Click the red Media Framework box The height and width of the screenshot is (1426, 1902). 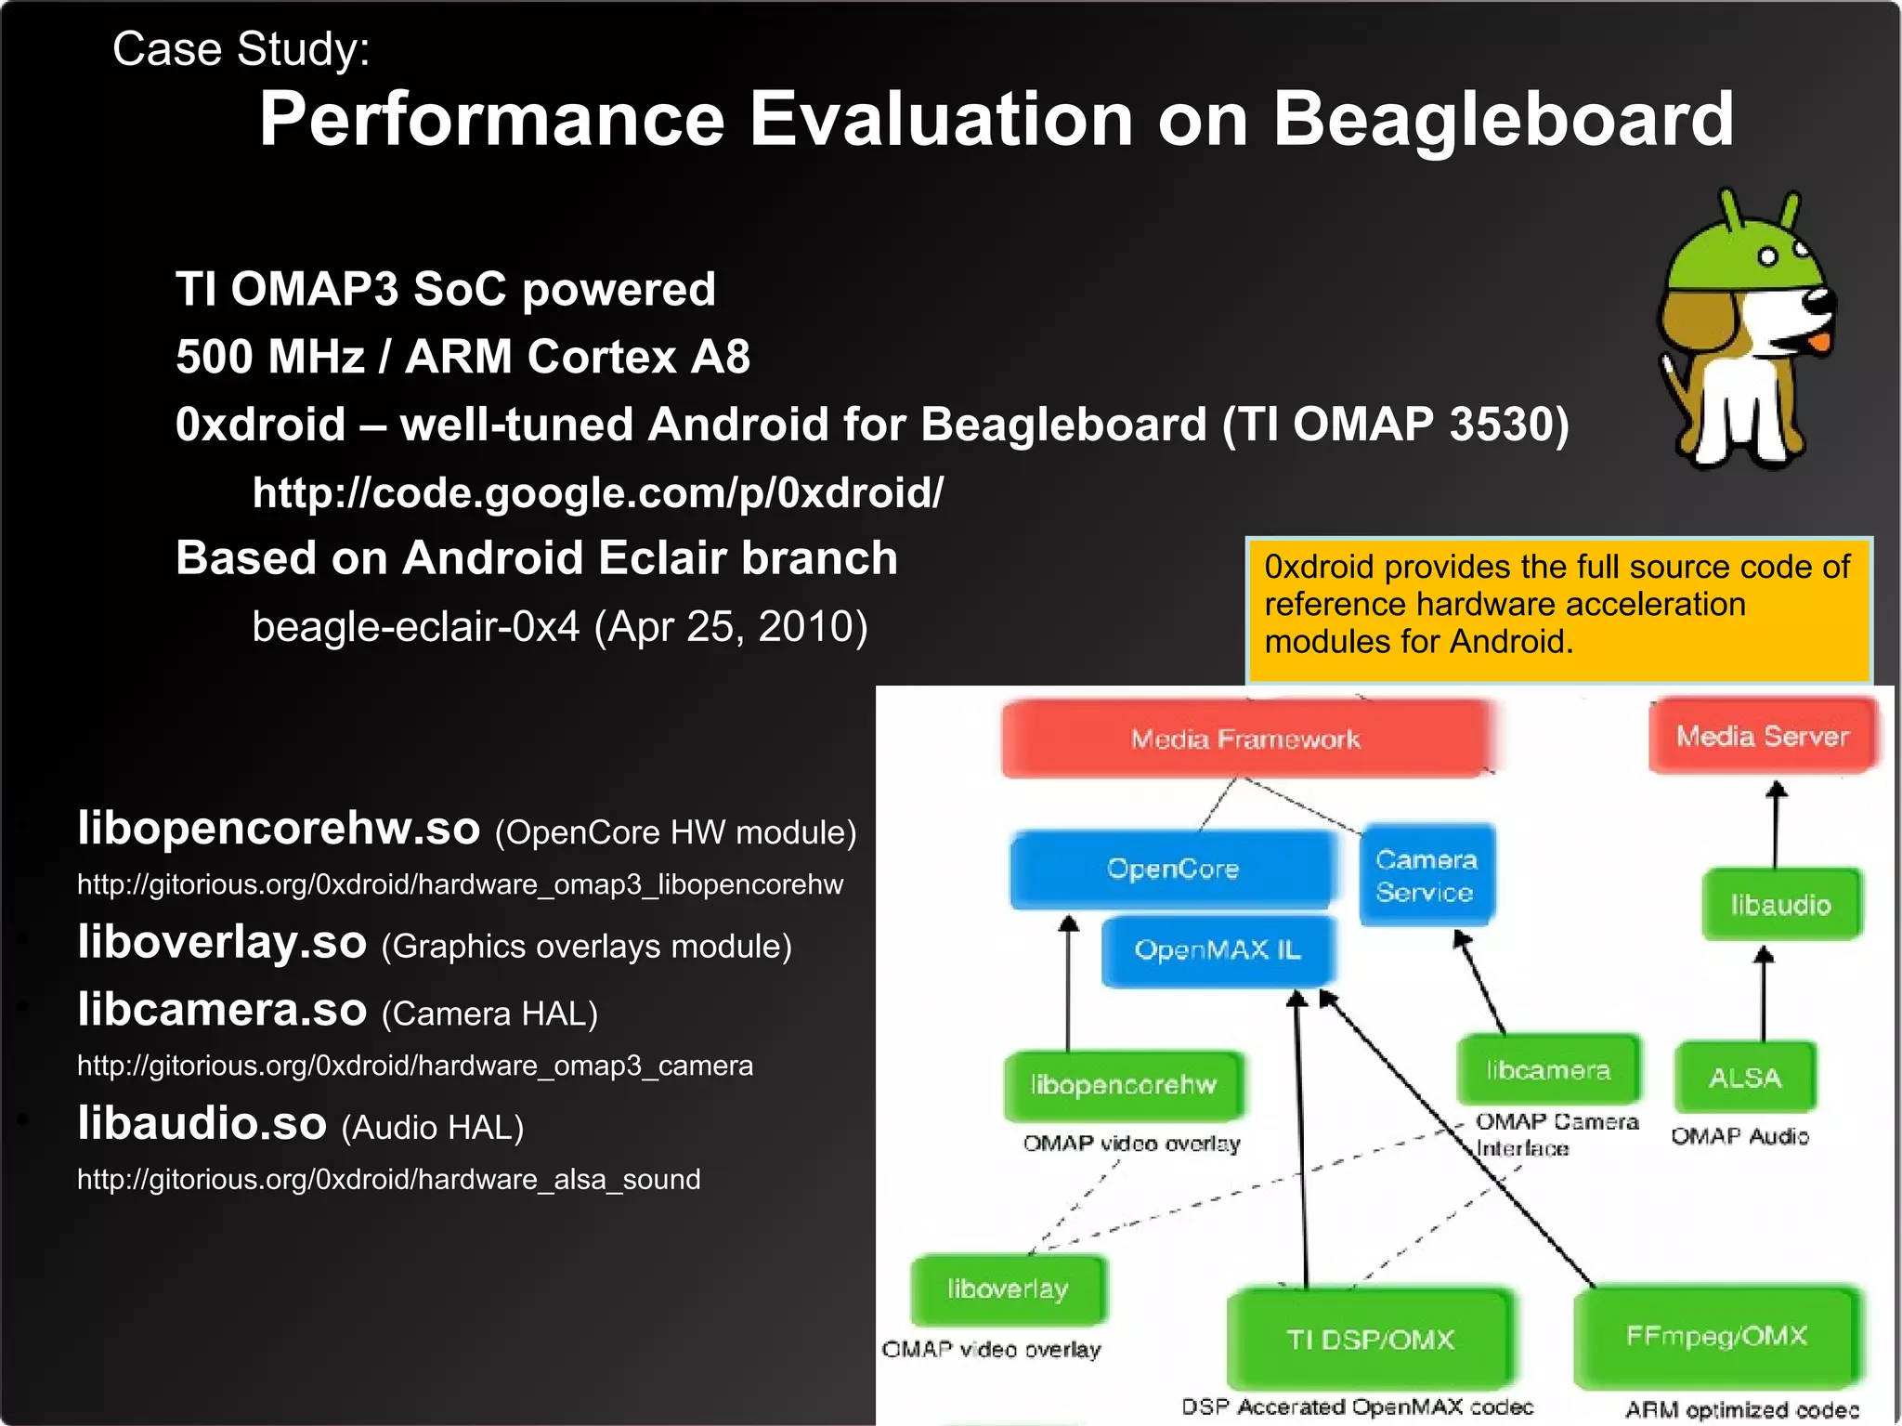[1244, 739]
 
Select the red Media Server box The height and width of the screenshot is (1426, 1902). [1762, 736]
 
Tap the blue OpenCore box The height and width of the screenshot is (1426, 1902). [1172, 869]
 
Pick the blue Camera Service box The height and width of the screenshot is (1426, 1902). [1426, 875]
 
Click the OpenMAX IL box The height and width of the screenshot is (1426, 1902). [1217, 949]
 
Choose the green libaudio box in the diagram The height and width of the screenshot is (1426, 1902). [1780, 904]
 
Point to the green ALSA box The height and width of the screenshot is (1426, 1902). [1744, 1078]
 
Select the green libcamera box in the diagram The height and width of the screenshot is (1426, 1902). [1547, 1070]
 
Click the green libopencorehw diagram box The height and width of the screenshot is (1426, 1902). [1123, 1084]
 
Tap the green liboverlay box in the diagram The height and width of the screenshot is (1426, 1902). [1008, 1289]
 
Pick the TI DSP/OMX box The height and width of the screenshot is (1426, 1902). [1370, 1339]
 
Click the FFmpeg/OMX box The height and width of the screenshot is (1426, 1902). [1716, 1336]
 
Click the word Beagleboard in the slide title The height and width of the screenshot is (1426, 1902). [1502, 119]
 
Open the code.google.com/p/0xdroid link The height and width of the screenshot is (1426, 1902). [597, 492]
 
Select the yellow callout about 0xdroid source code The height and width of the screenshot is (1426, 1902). [1557, 605]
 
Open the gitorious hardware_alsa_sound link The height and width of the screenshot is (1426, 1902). [388, 1180]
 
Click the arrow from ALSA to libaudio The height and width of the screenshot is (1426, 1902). [1764, 994]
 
